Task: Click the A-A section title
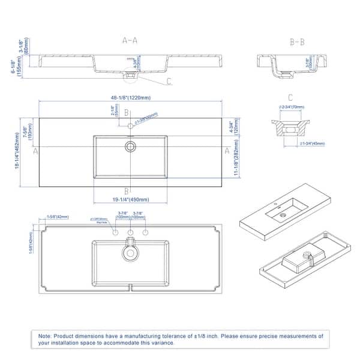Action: (130, 41)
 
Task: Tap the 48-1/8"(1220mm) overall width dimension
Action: (130, 97)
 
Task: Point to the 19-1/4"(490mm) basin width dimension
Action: (130, 200)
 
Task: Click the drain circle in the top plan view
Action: (130, 146)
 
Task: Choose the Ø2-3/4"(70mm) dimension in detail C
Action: (290, 107)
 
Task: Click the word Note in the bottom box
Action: (46, 337)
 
